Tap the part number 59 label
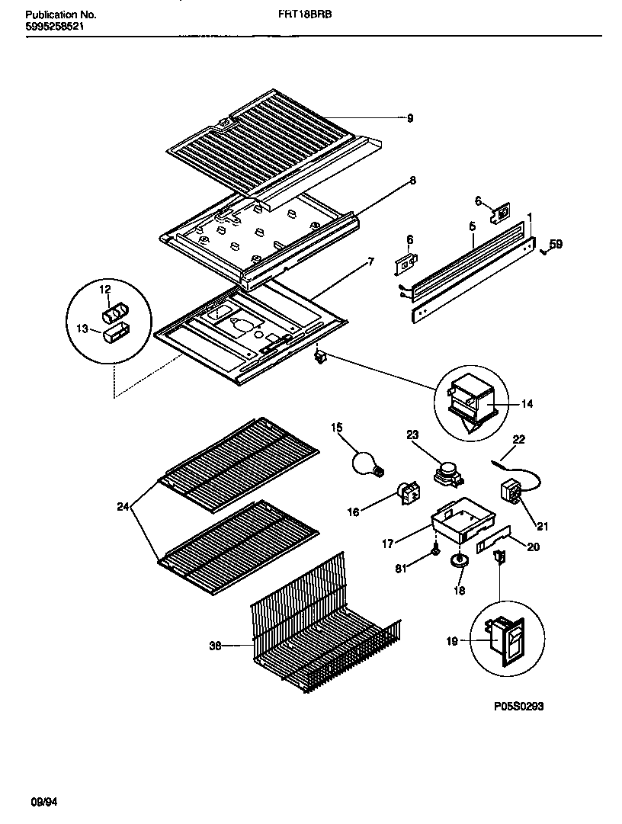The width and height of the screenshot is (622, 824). tap(556, 245)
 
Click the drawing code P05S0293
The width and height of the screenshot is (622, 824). tap(518, 706)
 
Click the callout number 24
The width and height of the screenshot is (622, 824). tap(122, 505)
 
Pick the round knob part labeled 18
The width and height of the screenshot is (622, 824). tap(458, 563)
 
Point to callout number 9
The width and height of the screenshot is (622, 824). tap(409, 117)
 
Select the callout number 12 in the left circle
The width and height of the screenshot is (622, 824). tap(104, 289)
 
